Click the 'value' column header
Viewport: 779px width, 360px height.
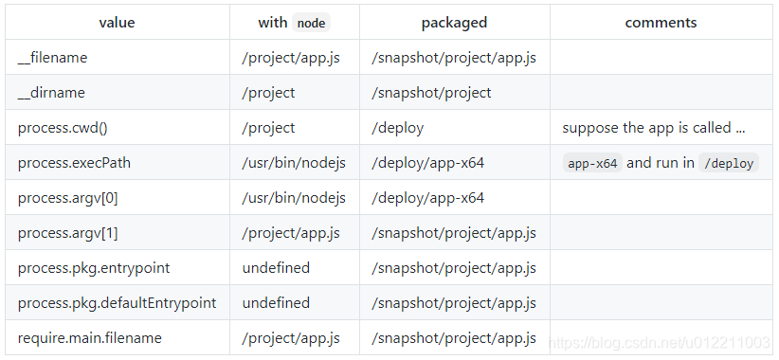[117, 23]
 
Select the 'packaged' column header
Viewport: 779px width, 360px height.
[454, 23]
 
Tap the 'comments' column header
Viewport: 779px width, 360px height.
[661, 23]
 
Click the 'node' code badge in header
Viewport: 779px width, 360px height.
[312, 23]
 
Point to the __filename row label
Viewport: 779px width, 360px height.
[52, 58]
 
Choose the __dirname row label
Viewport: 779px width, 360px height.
[51, 93]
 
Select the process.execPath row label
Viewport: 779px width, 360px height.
[74, 163]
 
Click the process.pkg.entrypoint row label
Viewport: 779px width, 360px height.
[94, 268]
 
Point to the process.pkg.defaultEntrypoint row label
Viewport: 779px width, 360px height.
[117, 303]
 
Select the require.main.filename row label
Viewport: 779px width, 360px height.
[89, 338]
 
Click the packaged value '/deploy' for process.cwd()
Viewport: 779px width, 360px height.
[398, 128]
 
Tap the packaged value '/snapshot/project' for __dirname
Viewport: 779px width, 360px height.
[431, 93]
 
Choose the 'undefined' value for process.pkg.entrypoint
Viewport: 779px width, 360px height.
[276, 268]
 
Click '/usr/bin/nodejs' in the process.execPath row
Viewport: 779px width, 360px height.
[294, 163]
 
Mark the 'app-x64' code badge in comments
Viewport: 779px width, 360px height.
[592, 163]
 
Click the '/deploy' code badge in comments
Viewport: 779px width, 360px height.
[728, 163]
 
